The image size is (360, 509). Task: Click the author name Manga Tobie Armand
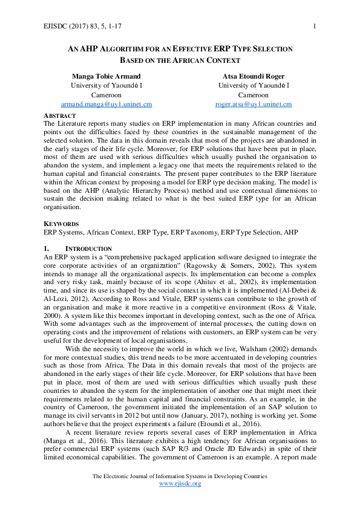(106, 77)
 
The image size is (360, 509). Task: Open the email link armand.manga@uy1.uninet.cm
(106, 104)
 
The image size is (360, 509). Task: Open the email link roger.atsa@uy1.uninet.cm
(254, 104)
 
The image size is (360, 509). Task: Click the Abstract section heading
(59, 115)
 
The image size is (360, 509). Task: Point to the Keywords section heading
(61, 223)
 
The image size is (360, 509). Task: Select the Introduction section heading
(88, 249)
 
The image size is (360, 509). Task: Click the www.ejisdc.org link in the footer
(180, 484)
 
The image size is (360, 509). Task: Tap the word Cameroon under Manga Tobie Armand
(106, 95)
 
